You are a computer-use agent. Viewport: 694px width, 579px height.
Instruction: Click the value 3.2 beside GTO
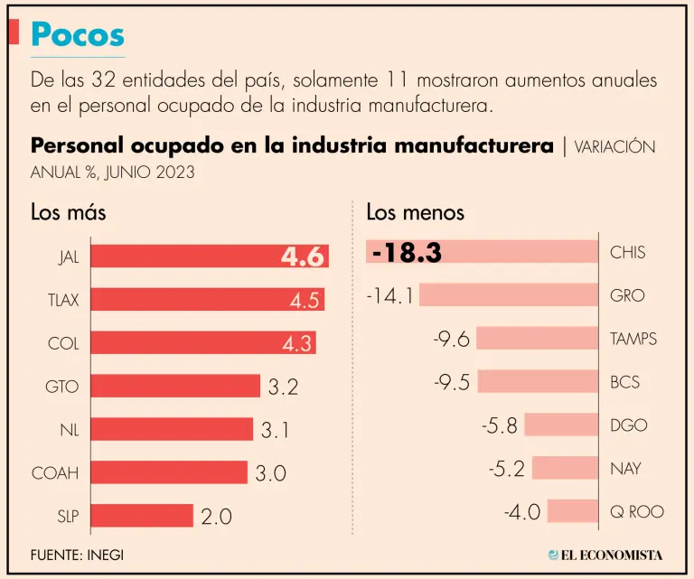pyautogui.click(x=283, y=387)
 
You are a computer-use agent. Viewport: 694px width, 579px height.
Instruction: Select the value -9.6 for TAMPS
pyautogui.click(x=452, y=339)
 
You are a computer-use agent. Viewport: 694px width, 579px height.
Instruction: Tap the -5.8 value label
pyautogui.click(x=500, y=425)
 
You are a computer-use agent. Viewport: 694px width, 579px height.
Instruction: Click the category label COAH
pyautogui.click(x=55, y=472)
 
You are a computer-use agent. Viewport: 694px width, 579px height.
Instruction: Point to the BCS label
pyautogui.click(x=625, y=382)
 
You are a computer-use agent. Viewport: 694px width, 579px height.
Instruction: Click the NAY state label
pyautogui.click(x=626, y=468)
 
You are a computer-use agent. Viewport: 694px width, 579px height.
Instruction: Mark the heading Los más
pyautogui.click(x=69, y=212)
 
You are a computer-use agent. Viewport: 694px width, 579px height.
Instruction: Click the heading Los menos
pyautogui.click(x=416, y=212)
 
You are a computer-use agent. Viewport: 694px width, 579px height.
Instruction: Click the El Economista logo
pyautogui.click(x=605, y=554)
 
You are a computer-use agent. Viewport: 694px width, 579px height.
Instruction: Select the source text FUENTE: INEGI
pyautogui.click(x=77, y=554)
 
